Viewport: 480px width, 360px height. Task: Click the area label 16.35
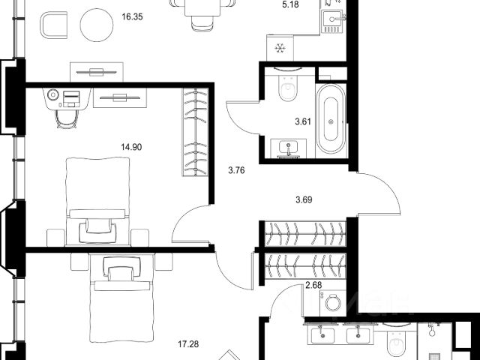click(132, 16)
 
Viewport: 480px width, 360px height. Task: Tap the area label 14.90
click(131, 147)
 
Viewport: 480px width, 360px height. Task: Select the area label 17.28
click(188, 344)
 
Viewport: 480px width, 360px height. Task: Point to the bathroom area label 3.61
click(303, 121)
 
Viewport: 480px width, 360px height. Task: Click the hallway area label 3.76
click(237, 170)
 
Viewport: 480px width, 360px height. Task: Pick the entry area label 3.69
click(304, 200)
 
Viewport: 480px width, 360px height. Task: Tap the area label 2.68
click(313, 285)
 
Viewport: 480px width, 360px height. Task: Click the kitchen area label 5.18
click(290, 4)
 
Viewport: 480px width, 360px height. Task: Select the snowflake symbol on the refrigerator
click(280, 48)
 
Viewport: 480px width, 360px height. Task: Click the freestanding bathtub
click(331, 118)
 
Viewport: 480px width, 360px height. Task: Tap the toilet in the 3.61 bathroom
click(288, 85)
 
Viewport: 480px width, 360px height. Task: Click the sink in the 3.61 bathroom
click(288, 148)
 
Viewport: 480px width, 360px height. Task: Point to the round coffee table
click(97, 25)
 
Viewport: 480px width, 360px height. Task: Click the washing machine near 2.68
click(333, 303)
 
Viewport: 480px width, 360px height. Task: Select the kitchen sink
click(333, 21)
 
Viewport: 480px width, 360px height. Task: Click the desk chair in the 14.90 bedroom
click(67, 118)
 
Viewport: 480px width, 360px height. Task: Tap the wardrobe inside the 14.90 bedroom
click(195, 132)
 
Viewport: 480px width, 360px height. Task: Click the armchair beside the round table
click(54, 25)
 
